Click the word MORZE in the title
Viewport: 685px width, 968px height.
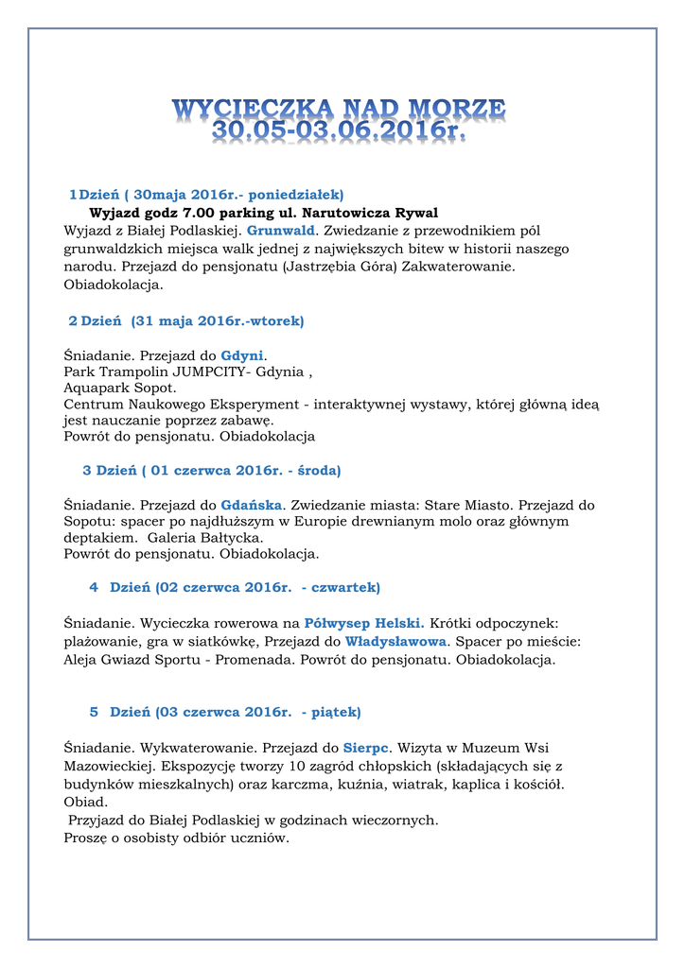pos(455,107)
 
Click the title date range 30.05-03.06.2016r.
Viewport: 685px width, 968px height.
pos(339,131)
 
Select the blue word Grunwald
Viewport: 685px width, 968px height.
pos(280,230)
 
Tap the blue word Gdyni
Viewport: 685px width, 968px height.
pos(241,355)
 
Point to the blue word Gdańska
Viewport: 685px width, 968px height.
pos(252,505)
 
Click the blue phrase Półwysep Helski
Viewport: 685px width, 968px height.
pos(364,623)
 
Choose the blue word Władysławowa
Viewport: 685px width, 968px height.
pos(395,641)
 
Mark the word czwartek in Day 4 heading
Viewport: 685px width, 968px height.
pos(345,587)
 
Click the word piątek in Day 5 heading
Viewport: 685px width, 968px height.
pos(336,712)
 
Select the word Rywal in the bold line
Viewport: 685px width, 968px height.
pos(416,212)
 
